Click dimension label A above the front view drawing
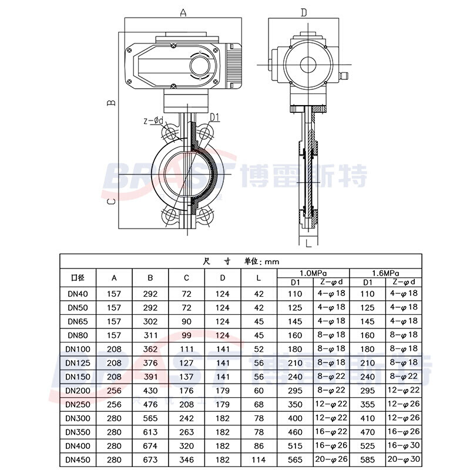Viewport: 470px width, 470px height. [183, 12]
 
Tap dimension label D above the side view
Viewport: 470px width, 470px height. [304, 12]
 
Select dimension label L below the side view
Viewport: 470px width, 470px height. [307, 242]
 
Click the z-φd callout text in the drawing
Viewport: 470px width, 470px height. [154, 121]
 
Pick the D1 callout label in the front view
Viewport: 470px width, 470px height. [214, 117]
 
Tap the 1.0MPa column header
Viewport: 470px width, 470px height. [313, 273]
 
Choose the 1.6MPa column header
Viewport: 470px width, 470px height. [386, 273]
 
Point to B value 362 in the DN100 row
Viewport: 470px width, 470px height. [150, 349]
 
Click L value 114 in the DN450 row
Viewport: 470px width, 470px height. [258, 459]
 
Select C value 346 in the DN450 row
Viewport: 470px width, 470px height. [186, 459]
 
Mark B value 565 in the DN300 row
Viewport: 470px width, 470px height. [150, 418]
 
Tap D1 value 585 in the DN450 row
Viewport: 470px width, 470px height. [367, 459]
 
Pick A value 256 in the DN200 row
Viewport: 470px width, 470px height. [114, 390]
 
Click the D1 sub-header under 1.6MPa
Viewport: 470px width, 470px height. [367, 283]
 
